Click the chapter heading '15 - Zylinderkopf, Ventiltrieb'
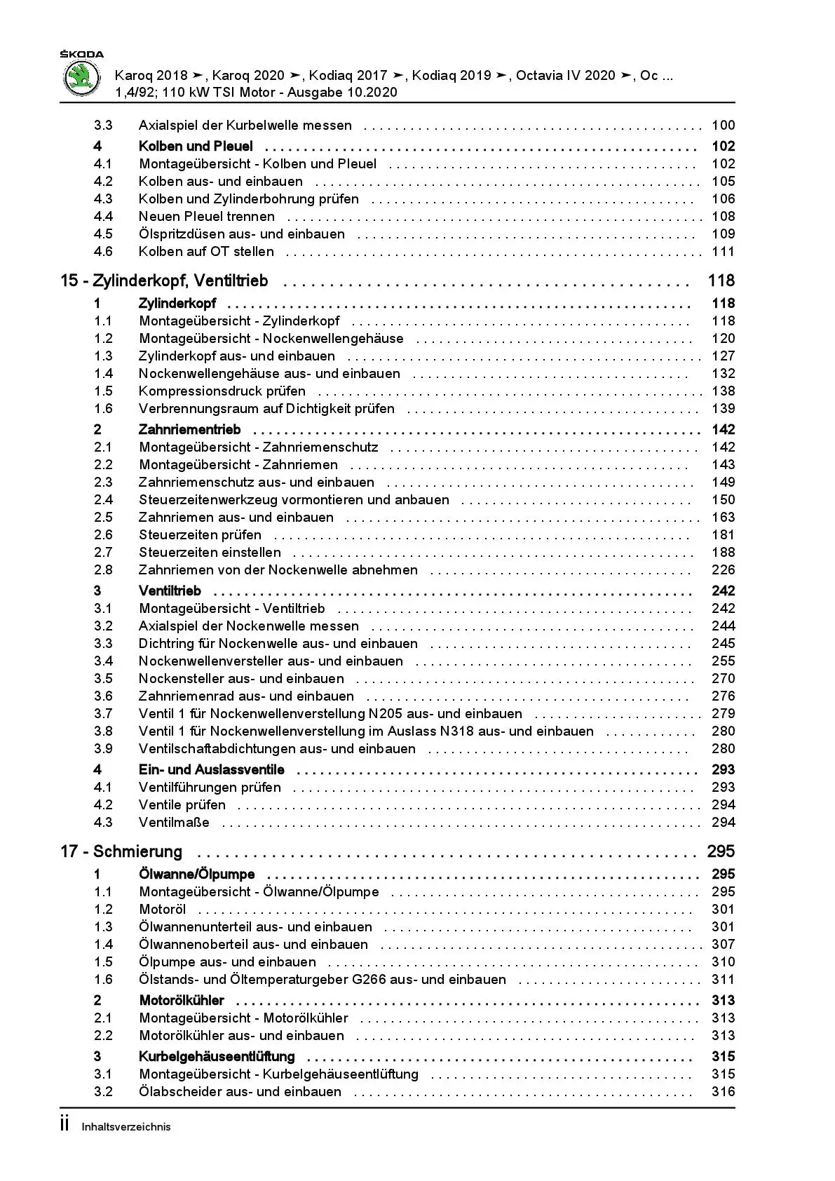click(x=164, y=281)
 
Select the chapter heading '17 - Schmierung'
click(x=121, y=851)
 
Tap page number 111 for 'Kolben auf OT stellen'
click(x=723, y=252)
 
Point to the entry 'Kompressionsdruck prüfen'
click(x=222, y=391)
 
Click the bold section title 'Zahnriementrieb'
click(x=189, y=430)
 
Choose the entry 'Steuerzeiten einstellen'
click(x=210, y=553)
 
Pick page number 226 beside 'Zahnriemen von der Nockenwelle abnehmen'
click(x=723, y=570)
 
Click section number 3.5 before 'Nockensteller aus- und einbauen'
click(x=103, y=679)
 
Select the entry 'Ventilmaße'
click(x=174, y=823)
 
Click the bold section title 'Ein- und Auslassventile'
click(x=212, y=770)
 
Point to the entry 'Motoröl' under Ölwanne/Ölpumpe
click(x=163, y=910)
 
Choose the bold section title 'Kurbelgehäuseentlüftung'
click(x=217, y=1057)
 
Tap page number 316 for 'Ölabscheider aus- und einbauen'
click(x=723, y=1092)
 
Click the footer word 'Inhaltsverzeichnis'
click(x=126, y=1127)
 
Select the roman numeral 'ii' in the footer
click(x=65, y=1125)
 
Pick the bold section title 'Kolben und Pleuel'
click(x=196, y=147)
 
